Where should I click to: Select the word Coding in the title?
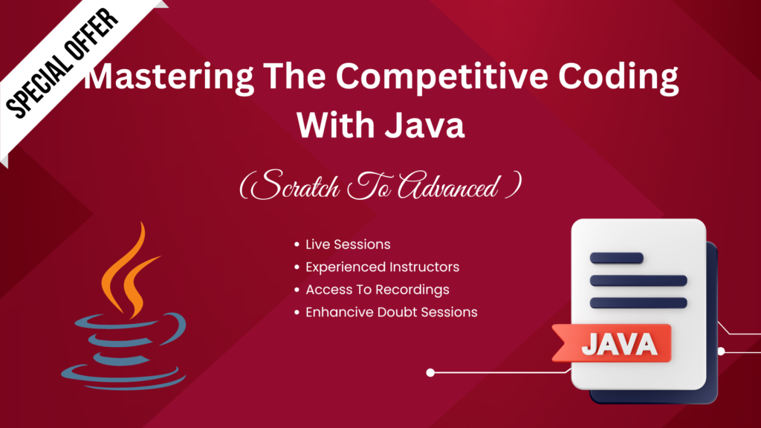(618, 77)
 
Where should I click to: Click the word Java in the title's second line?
(425, 125)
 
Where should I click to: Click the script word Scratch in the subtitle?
(295, 185)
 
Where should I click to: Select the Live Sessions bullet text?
(348, 244)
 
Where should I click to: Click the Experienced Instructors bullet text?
(382, 267)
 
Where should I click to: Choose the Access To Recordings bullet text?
(377, 290)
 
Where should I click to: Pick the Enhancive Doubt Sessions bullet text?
(391, 312)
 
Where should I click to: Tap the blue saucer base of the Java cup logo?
(123, 377)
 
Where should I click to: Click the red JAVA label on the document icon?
(612, 343)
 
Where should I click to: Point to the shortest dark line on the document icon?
(616, 258)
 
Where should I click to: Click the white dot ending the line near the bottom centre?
(430, 373)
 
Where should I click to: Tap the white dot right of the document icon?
(721, 351)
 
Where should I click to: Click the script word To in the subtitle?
(369, 185)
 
